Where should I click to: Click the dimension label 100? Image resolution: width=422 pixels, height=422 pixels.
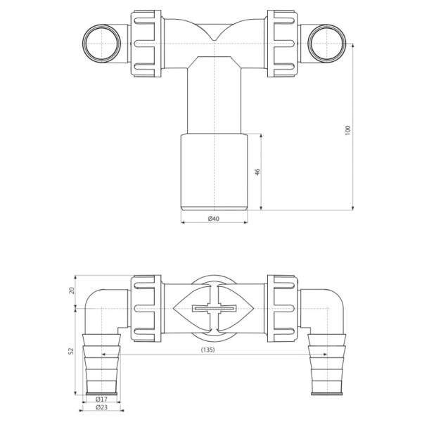coord(347,130)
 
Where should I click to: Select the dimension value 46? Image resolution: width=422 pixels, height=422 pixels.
coord(257,172)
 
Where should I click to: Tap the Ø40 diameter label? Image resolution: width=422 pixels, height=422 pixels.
coord(214,219)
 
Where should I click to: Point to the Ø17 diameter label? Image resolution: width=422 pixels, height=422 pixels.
coord(101,399)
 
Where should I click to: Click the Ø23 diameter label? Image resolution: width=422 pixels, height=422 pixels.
coord(101,407)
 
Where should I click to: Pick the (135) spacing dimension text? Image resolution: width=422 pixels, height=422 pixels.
coord(207,350)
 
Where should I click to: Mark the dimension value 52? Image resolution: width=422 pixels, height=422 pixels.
coord(71,351)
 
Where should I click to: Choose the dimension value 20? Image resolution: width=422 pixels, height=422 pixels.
coord(71,290)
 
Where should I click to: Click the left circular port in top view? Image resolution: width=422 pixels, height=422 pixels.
coord(102,44)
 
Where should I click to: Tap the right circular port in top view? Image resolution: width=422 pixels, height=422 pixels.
coord(326,44)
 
